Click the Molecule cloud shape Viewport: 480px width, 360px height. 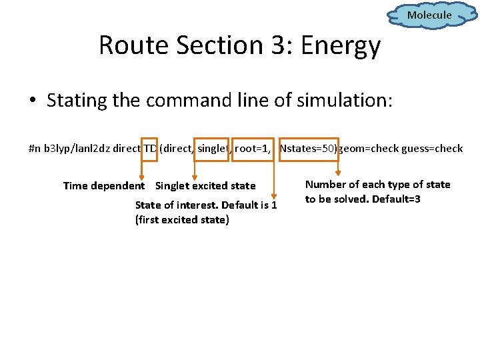point(429,15)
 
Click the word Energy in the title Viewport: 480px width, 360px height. point(341,46)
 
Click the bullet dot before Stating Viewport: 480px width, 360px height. point(32,102)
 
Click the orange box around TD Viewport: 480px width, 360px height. point(149,149)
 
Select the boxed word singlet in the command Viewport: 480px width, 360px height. point(213,149)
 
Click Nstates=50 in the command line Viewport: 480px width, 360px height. point(309,149)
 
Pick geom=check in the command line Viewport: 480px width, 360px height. point(369,149)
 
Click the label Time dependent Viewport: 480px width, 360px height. point(103,186)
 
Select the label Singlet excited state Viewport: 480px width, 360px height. point(205,186)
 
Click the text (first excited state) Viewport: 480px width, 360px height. point(181,220)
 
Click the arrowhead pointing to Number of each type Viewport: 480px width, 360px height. point(337,175)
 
